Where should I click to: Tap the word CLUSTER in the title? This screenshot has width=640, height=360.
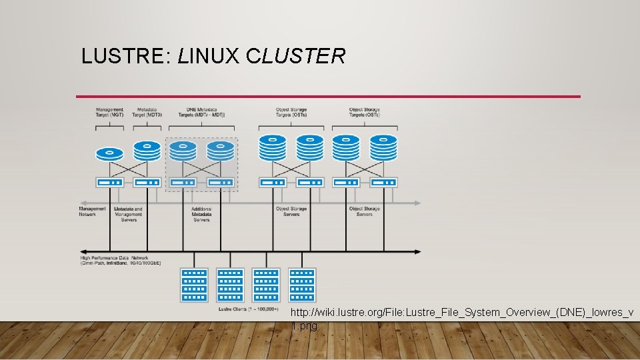pos(295,56)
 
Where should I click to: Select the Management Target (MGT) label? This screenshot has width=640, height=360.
pos(109,112)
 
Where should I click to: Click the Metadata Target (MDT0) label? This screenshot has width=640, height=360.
pos(147,112)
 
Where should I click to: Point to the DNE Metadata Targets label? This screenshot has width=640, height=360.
pos(201,112)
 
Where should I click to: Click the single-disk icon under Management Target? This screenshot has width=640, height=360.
pos(110,153)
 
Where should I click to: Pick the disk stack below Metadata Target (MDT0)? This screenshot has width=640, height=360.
pos(147,151)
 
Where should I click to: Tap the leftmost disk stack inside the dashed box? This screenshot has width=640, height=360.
pos(183,151)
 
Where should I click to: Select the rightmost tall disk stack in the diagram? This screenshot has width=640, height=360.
pos(383,148)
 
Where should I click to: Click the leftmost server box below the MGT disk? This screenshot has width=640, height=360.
pos(110,182)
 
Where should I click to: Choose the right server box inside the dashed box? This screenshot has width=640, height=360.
pos(220,182)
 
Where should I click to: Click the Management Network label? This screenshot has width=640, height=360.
pos(92,211)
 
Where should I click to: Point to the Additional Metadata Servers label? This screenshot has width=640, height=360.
pos(201,214)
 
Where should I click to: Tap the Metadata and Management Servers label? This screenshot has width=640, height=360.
pos(129,214)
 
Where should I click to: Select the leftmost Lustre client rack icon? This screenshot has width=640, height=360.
pos(194,285)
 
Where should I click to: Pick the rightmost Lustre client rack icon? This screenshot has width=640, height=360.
pos(302,285)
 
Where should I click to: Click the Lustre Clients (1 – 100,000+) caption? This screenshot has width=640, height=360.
pos(249,309)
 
